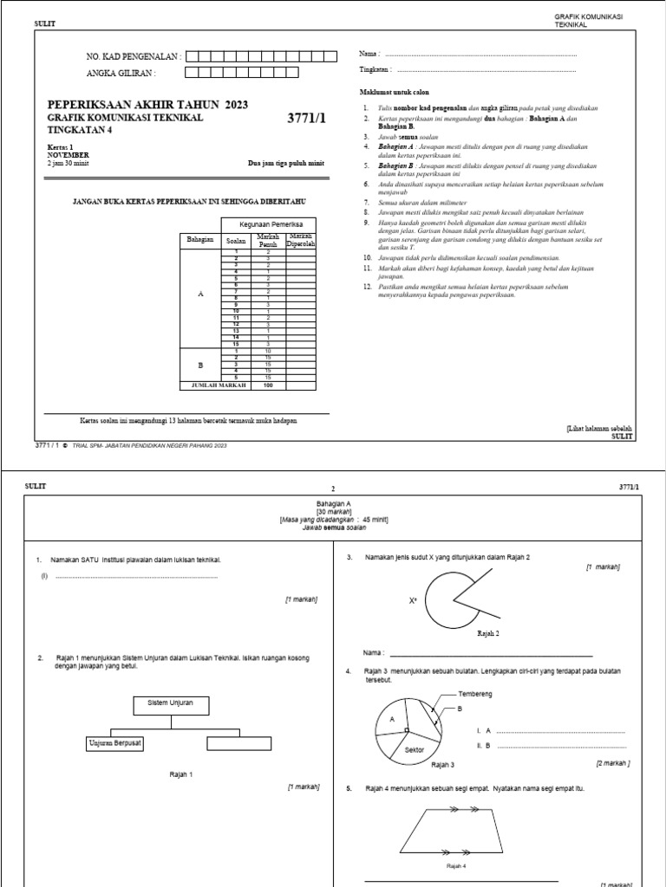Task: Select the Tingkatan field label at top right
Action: point(375,68)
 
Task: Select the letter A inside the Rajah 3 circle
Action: point(392,719)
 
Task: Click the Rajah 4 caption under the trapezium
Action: point(456,864)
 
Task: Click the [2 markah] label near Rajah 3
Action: point(613,763)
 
